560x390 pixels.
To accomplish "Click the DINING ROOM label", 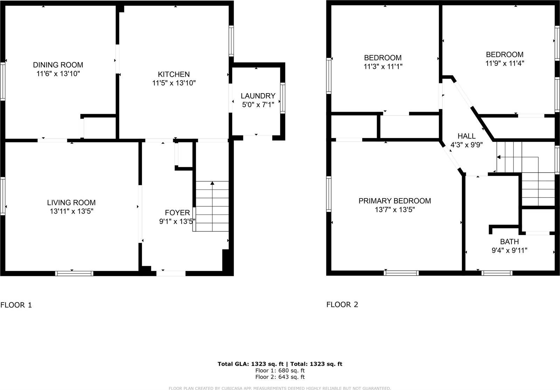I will (58, 65).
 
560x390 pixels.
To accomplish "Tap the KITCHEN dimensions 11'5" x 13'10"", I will (174, 83).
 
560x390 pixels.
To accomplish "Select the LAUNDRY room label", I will (258, 96).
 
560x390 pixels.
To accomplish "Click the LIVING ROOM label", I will (71, 202).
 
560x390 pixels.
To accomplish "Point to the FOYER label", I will (177, 213).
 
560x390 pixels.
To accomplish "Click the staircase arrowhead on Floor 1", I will (212, 183).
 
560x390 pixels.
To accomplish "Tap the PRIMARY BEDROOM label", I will (394, 201).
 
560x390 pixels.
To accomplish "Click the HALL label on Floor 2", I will (467, 136).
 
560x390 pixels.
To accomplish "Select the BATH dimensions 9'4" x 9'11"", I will (509, 250).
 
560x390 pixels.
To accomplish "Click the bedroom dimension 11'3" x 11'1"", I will (383, 67).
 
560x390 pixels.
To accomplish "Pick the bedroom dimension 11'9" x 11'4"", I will (505, 63).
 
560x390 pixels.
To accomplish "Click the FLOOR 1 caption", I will (16, 305).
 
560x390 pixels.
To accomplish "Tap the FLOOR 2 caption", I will (342, 305).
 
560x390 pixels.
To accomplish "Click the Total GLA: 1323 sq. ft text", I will (250, 364).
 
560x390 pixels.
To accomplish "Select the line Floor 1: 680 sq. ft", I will (280, 370).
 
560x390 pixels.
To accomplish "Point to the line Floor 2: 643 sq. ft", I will (280, 377).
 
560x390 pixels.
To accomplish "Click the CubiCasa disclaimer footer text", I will (280, 388).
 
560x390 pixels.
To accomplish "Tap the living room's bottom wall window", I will (74, 273).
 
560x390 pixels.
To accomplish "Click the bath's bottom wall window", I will (497, 273).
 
